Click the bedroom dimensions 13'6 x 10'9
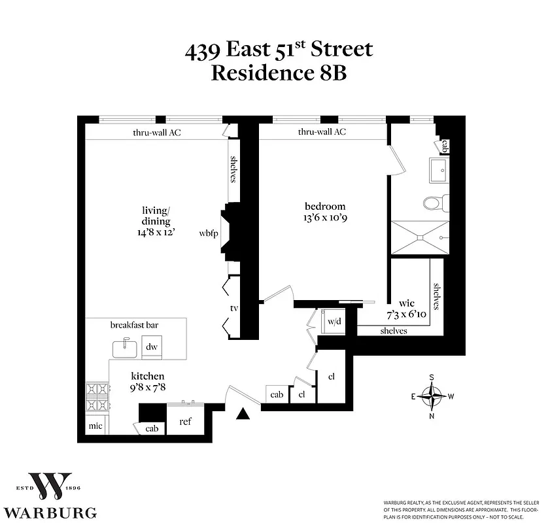click(x=320, y=218)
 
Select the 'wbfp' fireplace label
click(x=209, y=233)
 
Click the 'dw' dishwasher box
click(x=151, y=346)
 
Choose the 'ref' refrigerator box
click(x=186, y=421)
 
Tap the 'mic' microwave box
click(x=95, y=426)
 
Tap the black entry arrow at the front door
click(x=243, y=413)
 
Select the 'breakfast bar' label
click(x=135, y=325)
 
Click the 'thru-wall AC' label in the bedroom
click(x=322, y=132)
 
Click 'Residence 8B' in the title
click(x=278, y=72)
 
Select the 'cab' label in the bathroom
click(x=445, y=145)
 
